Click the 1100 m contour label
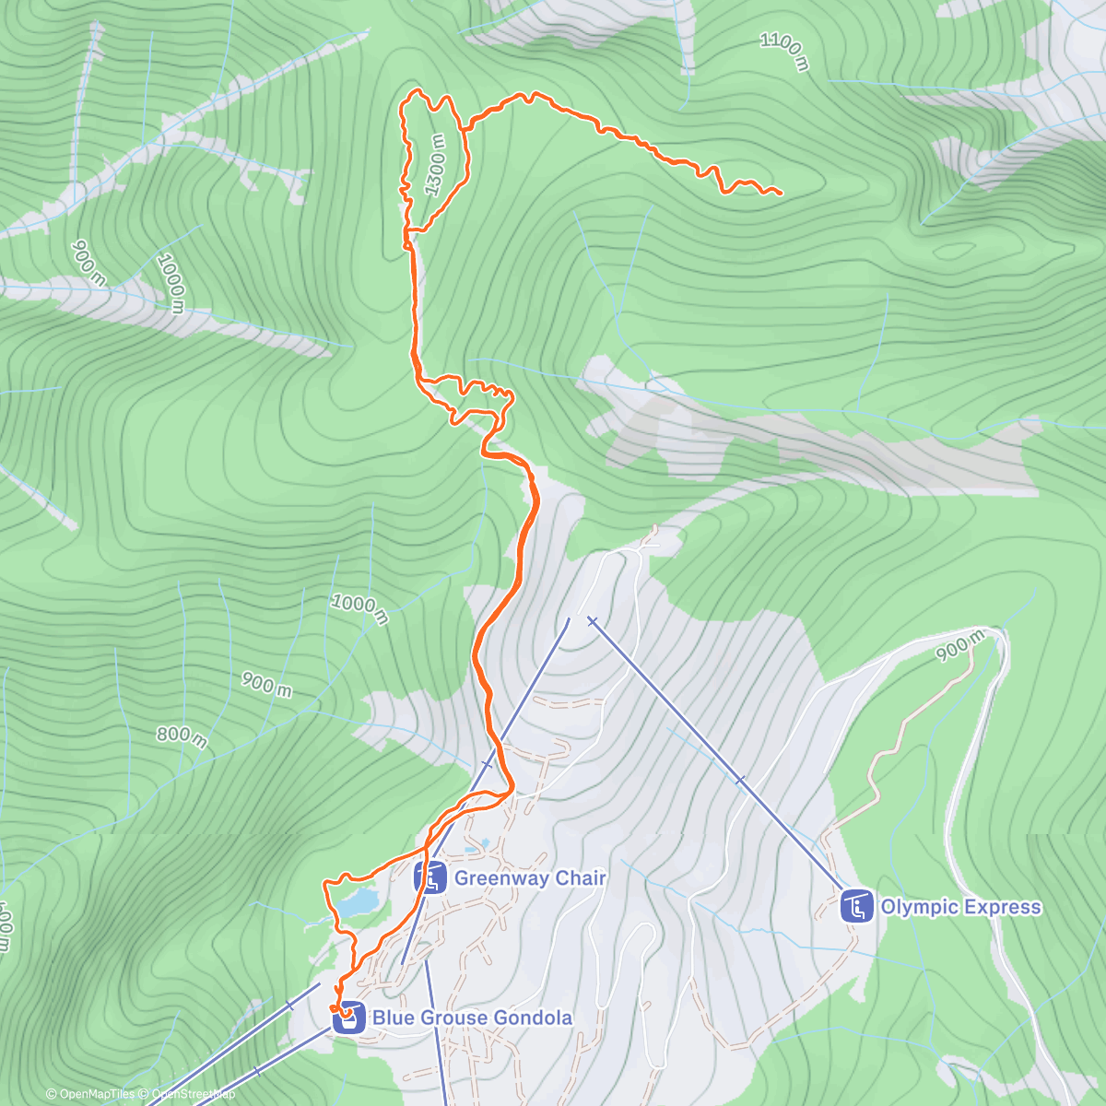(784, 52)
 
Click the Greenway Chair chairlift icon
(430, 878)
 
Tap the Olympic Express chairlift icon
(857, 907)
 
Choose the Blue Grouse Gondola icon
(348, 1018)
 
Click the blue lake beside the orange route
(357, 900)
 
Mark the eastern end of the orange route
(781, 193)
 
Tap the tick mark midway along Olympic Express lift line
(740, 781)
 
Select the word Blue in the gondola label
(392, 1018)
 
